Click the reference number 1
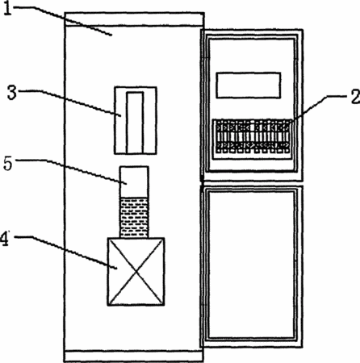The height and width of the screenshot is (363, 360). tap(8, 8)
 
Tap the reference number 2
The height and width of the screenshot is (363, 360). tap(355, 97)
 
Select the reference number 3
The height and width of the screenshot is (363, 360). tap(12, 93)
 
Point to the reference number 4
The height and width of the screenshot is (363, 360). tap(5, 239)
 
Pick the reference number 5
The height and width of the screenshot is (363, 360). tap(8, 164)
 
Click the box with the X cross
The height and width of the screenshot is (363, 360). tap(136, 272)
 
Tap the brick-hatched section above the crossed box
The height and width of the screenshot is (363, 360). tap(134, 218)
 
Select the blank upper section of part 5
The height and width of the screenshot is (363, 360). tap(134, 182)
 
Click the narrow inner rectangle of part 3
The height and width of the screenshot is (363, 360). tap(135, 123)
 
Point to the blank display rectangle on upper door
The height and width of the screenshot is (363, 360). tap(249, 85)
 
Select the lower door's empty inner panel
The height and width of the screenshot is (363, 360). tap(252, 265)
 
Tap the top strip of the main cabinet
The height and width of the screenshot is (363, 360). tap(134, 19)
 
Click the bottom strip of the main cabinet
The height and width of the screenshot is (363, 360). tap(134, 357)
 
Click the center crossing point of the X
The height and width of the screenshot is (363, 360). tap(136, 272)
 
